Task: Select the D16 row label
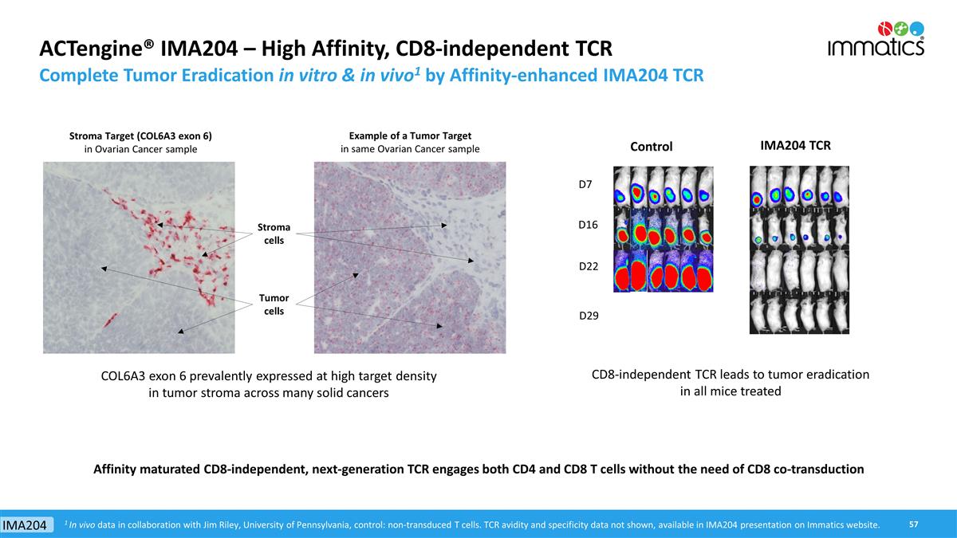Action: [588, 226]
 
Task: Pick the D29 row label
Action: [588, 316]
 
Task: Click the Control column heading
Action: [651, 147]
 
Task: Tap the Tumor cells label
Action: [274, 304]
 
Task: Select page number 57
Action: [914, 524]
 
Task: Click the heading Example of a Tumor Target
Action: [410, 135]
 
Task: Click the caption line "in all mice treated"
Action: [730, 391]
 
